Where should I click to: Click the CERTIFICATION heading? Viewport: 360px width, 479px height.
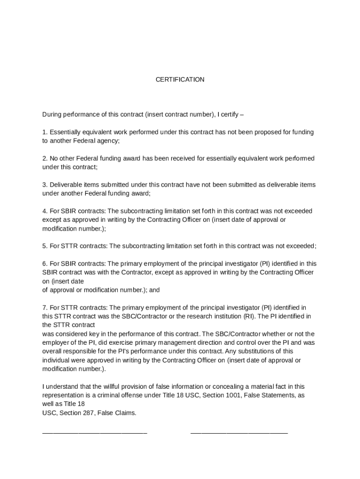click(180, 80)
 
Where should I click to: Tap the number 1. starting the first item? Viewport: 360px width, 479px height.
click(45, 132)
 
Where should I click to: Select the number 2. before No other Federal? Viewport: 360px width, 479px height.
click(45, 159)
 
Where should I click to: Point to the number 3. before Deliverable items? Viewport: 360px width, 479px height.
click(45, 185)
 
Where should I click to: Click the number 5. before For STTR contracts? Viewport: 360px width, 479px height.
click(45, 246)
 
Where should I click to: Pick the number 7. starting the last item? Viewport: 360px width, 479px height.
click(45, 307)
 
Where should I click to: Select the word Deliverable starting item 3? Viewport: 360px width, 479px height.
click(65, 185)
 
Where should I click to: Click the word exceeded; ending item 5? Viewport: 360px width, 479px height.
click(302, 246)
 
